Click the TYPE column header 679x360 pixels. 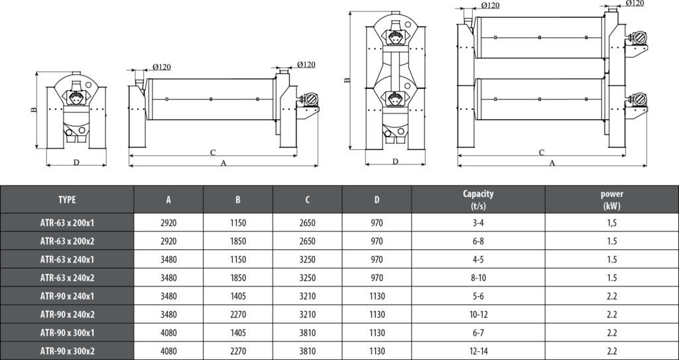[x=67, y=199]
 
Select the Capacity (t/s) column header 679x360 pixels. [x=477, y=199]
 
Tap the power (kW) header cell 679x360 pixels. [x=611, y=199]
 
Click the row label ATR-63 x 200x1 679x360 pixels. [x=67, y=223]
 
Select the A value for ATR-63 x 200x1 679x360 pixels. [x=168, y=223]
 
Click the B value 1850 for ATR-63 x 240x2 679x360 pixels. [x=237, y=278]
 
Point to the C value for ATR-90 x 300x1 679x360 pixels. [x=307, y=333]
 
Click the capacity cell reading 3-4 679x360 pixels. [x=477, y=223]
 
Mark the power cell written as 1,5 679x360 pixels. [x=611, y=223]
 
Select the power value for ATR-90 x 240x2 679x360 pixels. [x=611, y=315]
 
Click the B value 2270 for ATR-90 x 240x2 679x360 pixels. [x=237, y=315]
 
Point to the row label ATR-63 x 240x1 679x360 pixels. [x=67, y=260]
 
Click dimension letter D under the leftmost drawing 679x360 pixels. [x=76, y=161]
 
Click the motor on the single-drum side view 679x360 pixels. [x=308, y=100]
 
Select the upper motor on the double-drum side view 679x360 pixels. [x=639, y=38]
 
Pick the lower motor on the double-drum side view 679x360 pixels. [x=639, y=99]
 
